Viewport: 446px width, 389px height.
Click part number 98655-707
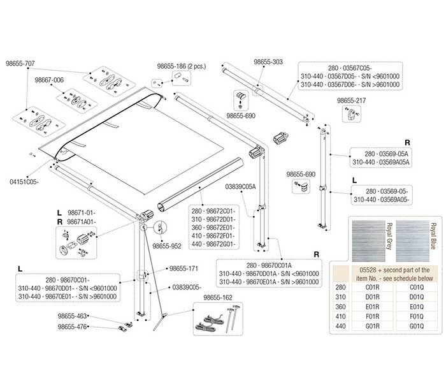[x=20, y=63]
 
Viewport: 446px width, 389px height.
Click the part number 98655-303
[x=268, y=62]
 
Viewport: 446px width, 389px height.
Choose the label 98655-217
[x=352, y=101]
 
